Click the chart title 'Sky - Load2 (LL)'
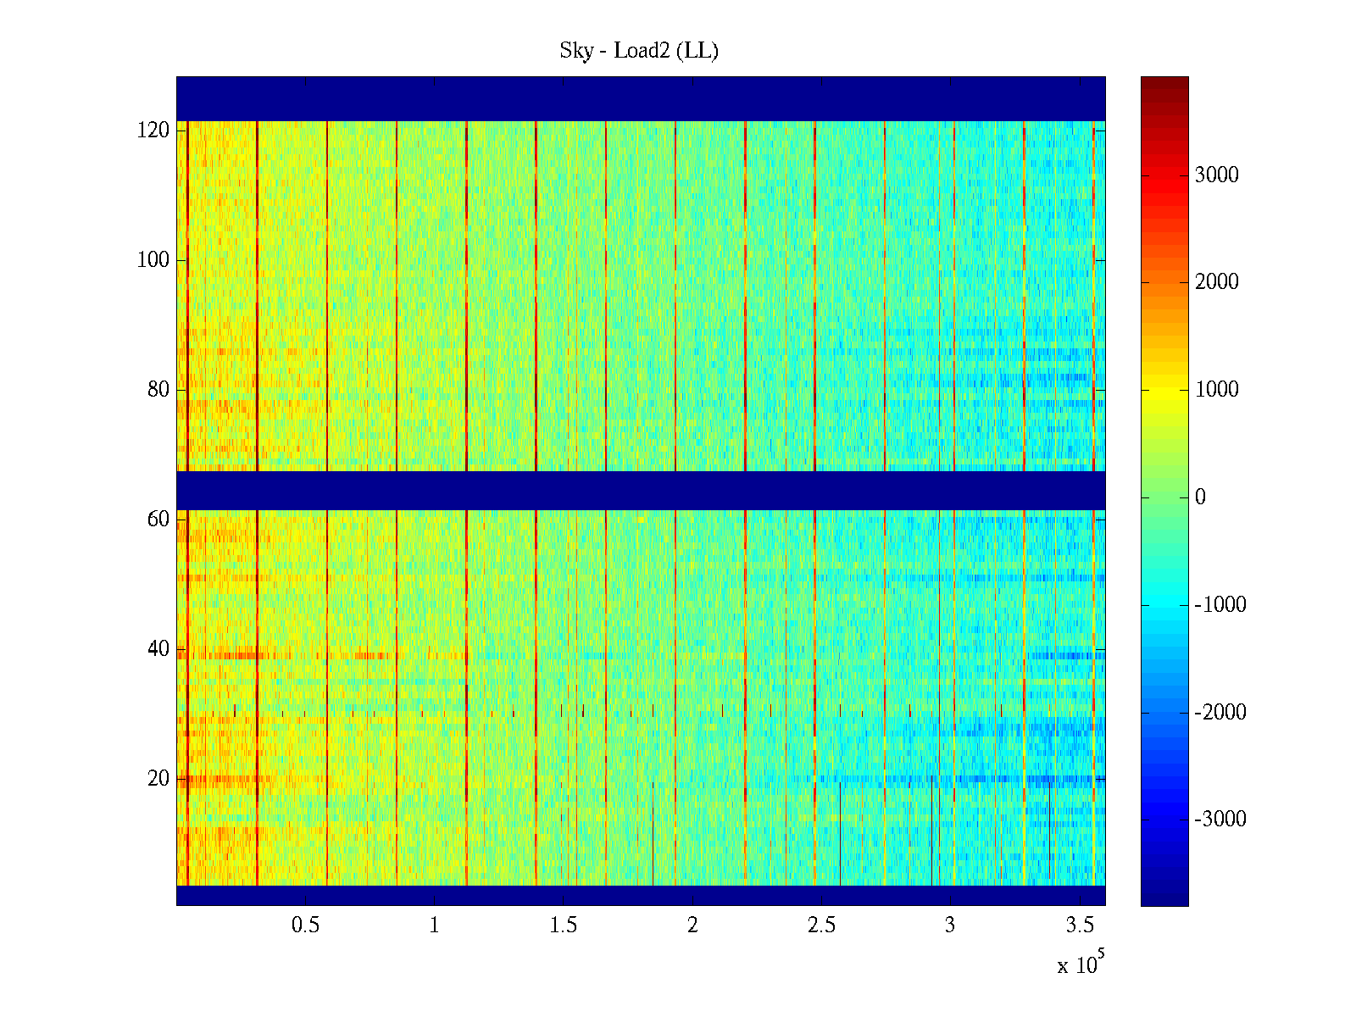click(639, 51)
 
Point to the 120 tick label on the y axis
click(153, 131)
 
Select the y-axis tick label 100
click(153, 260)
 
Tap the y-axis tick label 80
click(158, 390)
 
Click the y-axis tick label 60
click(158, 519)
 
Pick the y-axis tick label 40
click(158, 649)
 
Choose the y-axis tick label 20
click(158, 779)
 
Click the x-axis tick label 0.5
click(305, 925)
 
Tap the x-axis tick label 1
click(434, 925)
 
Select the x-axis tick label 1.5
click(564, 925)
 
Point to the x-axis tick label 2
click(692, 925)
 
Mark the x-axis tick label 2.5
click(821, 925)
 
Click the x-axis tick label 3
click(950, 925)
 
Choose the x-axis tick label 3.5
click(1080, 925)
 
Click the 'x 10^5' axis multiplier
click(1081, 964)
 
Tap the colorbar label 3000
click(1217, 175)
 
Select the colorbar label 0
click(1200, 497)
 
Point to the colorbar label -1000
click(1220, 605)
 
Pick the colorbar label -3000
click(1220, 820)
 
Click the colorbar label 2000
click(1217, 282)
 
